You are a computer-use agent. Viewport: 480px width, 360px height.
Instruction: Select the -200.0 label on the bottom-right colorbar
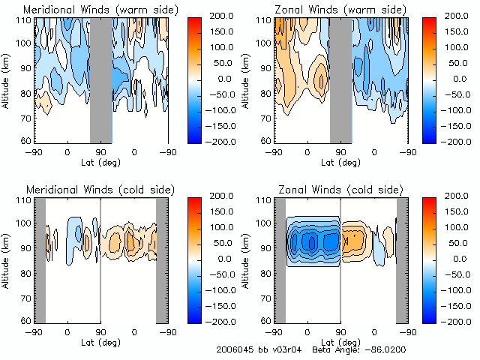[x=464, y=321]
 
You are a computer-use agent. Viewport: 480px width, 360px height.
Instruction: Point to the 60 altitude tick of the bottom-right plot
[x=265, y=320]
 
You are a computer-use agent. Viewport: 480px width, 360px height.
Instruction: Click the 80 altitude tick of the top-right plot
[x=265, y=94]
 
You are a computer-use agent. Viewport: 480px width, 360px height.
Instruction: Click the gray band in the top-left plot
[x=100, y=79]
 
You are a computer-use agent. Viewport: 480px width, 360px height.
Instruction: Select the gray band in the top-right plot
[x=340, y=79]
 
